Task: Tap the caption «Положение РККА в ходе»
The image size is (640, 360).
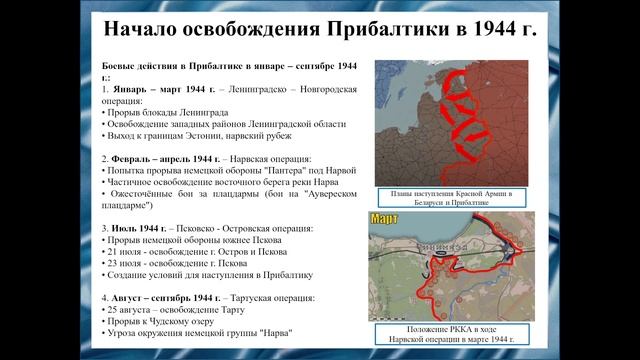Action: tap(453, 328)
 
